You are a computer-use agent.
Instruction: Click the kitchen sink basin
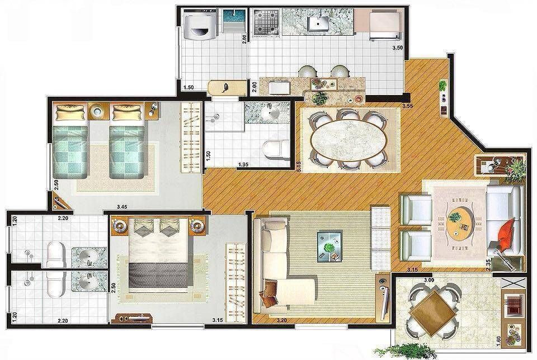(x=319, y=23)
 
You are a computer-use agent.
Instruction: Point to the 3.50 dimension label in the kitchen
(x=397, y=48)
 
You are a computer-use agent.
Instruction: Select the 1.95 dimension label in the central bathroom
(x=243, y=164)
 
